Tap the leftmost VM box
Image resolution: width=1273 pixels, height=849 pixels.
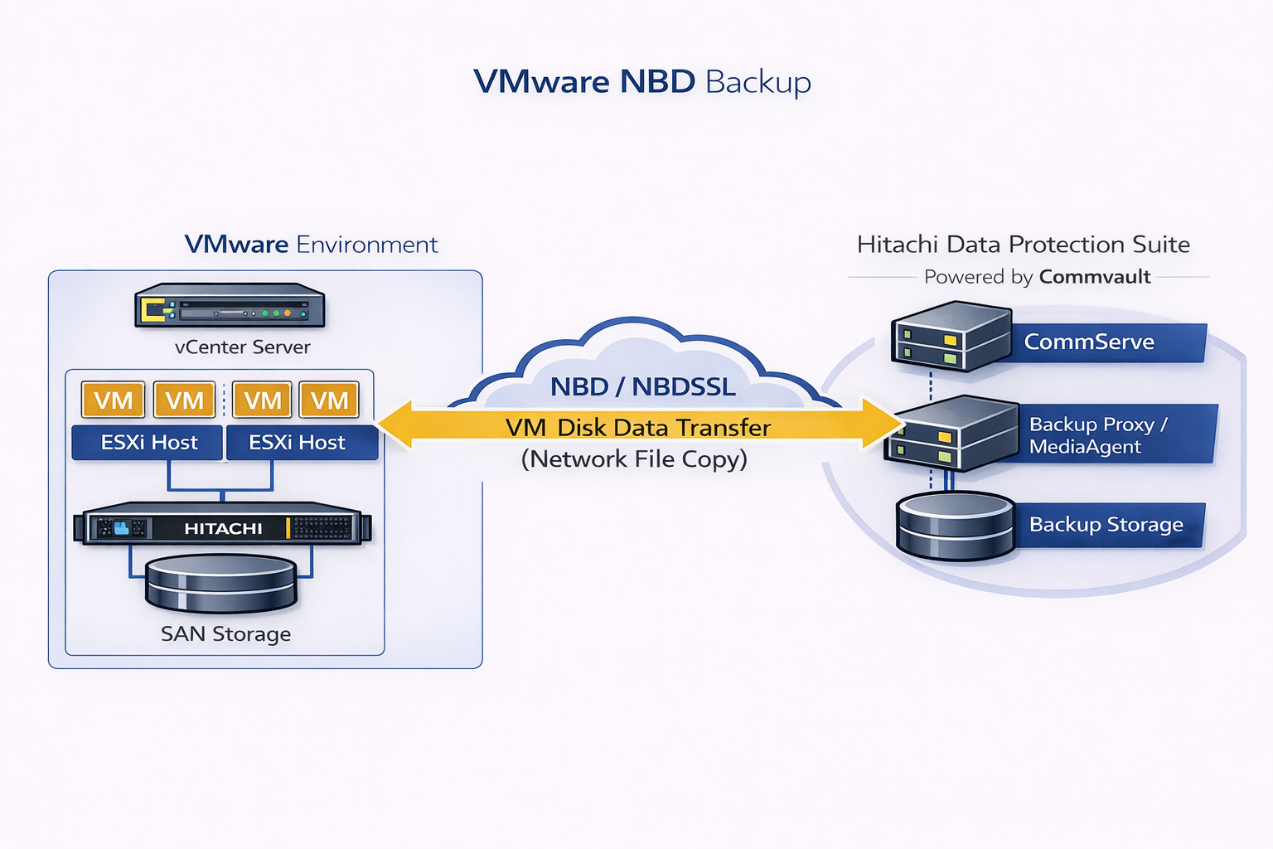tap(114, 400)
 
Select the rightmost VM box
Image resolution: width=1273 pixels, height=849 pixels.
tap(329, 400)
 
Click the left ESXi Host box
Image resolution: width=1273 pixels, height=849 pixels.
tap(148, 443)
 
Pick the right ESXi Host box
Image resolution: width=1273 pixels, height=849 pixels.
tap(298, 443)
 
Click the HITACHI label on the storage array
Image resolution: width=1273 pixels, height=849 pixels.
tap(223, 528)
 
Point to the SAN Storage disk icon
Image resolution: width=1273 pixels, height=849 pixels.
tap(221, 584)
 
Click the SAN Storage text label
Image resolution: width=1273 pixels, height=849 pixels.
tap(225, 634)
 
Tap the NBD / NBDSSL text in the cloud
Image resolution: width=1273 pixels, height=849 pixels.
tap(643, 386)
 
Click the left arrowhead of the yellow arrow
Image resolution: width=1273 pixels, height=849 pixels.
tap(395, 424)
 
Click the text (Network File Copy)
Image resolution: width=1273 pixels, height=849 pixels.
tap(634, 459)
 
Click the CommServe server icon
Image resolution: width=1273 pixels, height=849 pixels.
tap(951, 336)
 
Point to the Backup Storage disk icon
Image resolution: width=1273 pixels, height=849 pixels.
tap(956, 526)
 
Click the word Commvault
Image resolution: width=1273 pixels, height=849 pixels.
tap(1095, 277)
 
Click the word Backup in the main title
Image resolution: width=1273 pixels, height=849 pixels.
tap(758, 82)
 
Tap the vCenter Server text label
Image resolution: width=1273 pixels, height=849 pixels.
tap(243, 347)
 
